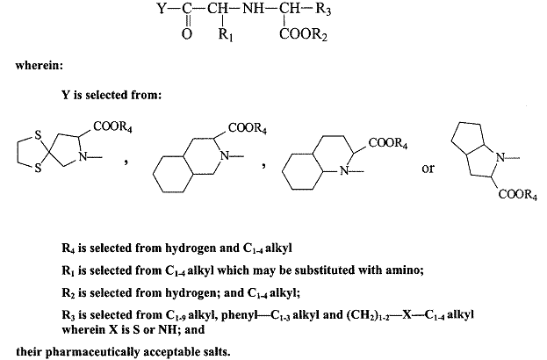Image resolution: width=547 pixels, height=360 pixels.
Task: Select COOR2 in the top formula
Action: [x=302, y=37]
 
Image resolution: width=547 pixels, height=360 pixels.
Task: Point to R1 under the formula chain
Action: [x=224, y=37]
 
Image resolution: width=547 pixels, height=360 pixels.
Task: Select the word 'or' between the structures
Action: [x=428, y=169]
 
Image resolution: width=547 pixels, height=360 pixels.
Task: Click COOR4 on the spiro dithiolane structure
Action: [x=113, y=126]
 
